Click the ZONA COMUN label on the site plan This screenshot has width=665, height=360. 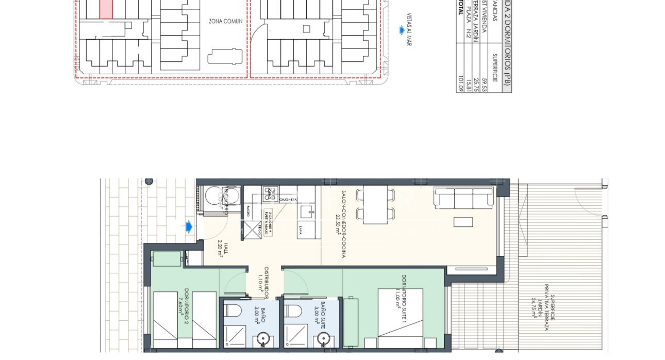click(x=225, y=22)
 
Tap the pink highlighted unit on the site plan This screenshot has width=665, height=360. click(x=106, y=9)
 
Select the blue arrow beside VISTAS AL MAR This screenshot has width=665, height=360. click(x=401, y=30)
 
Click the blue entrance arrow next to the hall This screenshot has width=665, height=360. click(x=189, y=226)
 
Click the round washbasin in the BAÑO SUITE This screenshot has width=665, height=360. click(x=323, y=338)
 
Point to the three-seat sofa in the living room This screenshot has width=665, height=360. click(x=463, y=198)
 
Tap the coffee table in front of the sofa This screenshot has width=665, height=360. click(x=463, y=222)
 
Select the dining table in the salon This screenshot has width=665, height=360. click(x=375, y=205)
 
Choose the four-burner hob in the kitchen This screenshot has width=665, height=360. click(x=270, y=193)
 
